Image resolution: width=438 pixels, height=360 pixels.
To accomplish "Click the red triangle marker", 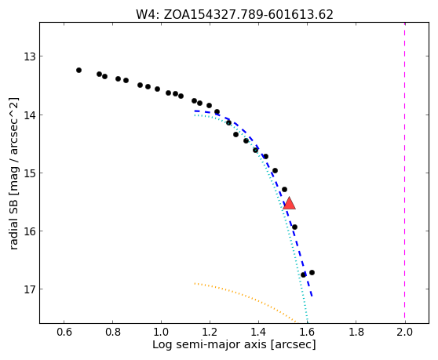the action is pos(289,203).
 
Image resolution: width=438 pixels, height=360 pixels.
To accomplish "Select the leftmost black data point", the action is pos(78,70).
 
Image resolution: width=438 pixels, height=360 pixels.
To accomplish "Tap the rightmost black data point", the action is pos(312,272).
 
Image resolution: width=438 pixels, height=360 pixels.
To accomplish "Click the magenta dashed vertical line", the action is pos(404,173).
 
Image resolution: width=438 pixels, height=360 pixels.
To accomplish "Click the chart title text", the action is pos(235,15).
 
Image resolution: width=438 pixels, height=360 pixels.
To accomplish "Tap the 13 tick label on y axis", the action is pos(30,56).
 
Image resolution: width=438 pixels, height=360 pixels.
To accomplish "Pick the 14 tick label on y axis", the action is pos(30,115).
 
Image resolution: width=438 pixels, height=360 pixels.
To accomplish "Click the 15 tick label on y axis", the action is pos(30,173).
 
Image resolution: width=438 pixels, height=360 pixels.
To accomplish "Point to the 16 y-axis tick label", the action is pos(30,231).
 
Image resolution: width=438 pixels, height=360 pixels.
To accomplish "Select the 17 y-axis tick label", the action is pos(30,289).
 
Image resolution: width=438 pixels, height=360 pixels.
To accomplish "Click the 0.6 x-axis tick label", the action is pos(64,332).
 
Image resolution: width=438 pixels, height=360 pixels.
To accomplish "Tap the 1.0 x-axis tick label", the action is pos(161,332).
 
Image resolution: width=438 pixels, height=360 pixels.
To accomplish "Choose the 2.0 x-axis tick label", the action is pos(404,332).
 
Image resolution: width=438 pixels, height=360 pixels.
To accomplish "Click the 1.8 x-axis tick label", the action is pos(356,332).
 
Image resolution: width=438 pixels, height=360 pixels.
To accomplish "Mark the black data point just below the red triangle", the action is pos(294,227).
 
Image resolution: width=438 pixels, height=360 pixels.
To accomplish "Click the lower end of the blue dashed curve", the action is pos(312,296).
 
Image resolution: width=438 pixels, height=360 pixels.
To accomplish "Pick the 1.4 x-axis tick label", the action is pos(258,332).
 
